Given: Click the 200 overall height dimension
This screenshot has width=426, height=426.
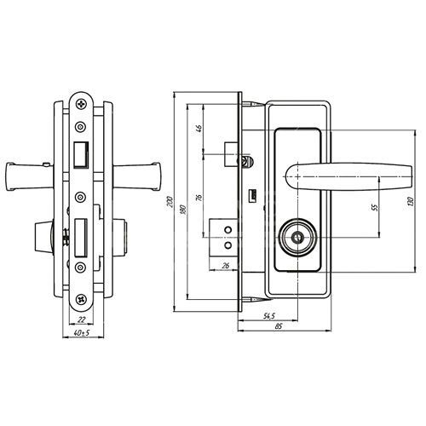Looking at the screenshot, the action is pos(170,201).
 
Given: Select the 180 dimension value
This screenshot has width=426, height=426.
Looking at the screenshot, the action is pos(183,210).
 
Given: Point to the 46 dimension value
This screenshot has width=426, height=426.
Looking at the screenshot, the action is pos(199,129).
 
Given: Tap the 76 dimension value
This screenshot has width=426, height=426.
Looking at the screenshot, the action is pos(199,198).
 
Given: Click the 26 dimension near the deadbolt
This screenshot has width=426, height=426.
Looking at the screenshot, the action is pos(226,266).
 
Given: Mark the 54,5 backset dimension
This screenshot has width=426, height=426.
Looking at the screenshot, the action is pos(269,316).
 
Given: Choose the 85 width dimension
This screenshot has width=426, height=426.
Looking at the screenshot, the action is pos(279,326).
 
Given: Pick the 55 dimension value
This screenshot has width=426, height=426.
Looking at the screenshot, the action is pos(375,207).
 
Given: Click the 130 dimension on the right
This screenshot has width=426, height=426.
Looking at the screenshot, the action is pos(410,202).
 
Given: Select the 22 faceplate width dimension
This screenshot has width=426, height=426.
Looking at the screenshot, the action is pos(82,319).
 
